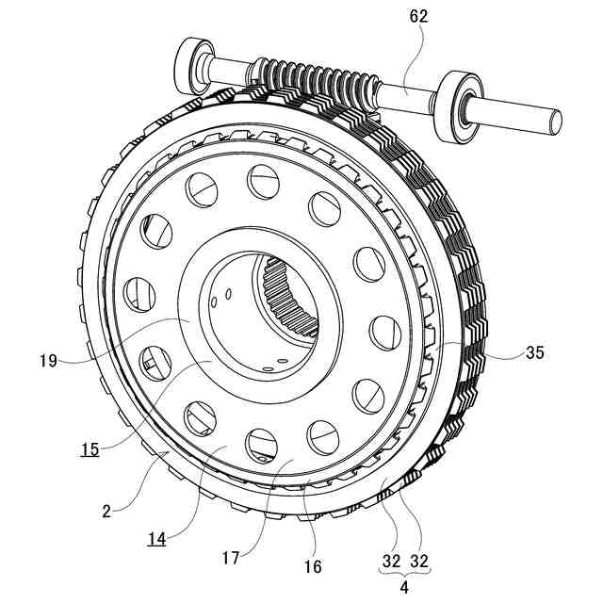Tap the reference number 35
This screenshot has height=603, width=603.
534,353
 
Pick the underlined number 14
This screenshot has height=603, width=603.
157,539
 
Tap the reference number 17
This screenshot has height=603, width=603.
231,558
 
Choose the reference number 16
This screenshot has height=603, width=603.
313,567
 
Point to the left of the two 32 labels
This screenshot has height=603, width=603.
391,560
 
